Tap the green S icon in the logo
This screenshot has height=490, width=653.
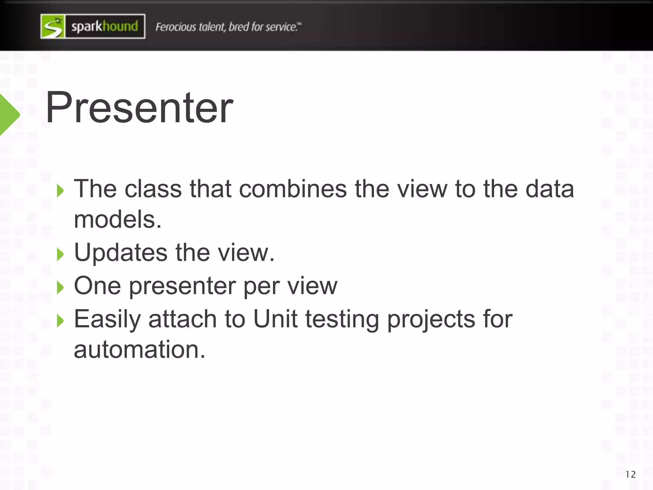[x=53, y=26]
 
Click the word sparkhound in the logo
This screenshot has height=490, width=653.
[x=105, y=26]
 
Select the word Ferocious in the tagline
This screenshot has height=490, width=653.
[x=176, y=27]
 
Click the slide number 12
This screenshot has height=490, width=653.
[x=630, y=475]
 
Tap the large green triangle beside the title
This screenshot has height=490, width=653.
[x=9, y=115]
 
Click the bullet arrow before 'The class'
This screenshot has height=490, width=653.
[x=60, y=191]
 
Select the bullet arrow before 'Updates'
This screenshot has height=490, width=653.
[x=60, y=255]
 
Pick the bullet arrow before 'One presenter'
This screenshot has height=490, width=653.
[x=60, y=288]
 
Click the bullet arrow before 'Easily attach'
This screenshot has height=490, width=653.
[x=60, y=321]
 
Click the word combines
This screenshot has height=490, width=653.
[x=293, y=189]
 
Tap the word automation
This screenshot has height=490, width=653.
[x=139, y=349]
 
